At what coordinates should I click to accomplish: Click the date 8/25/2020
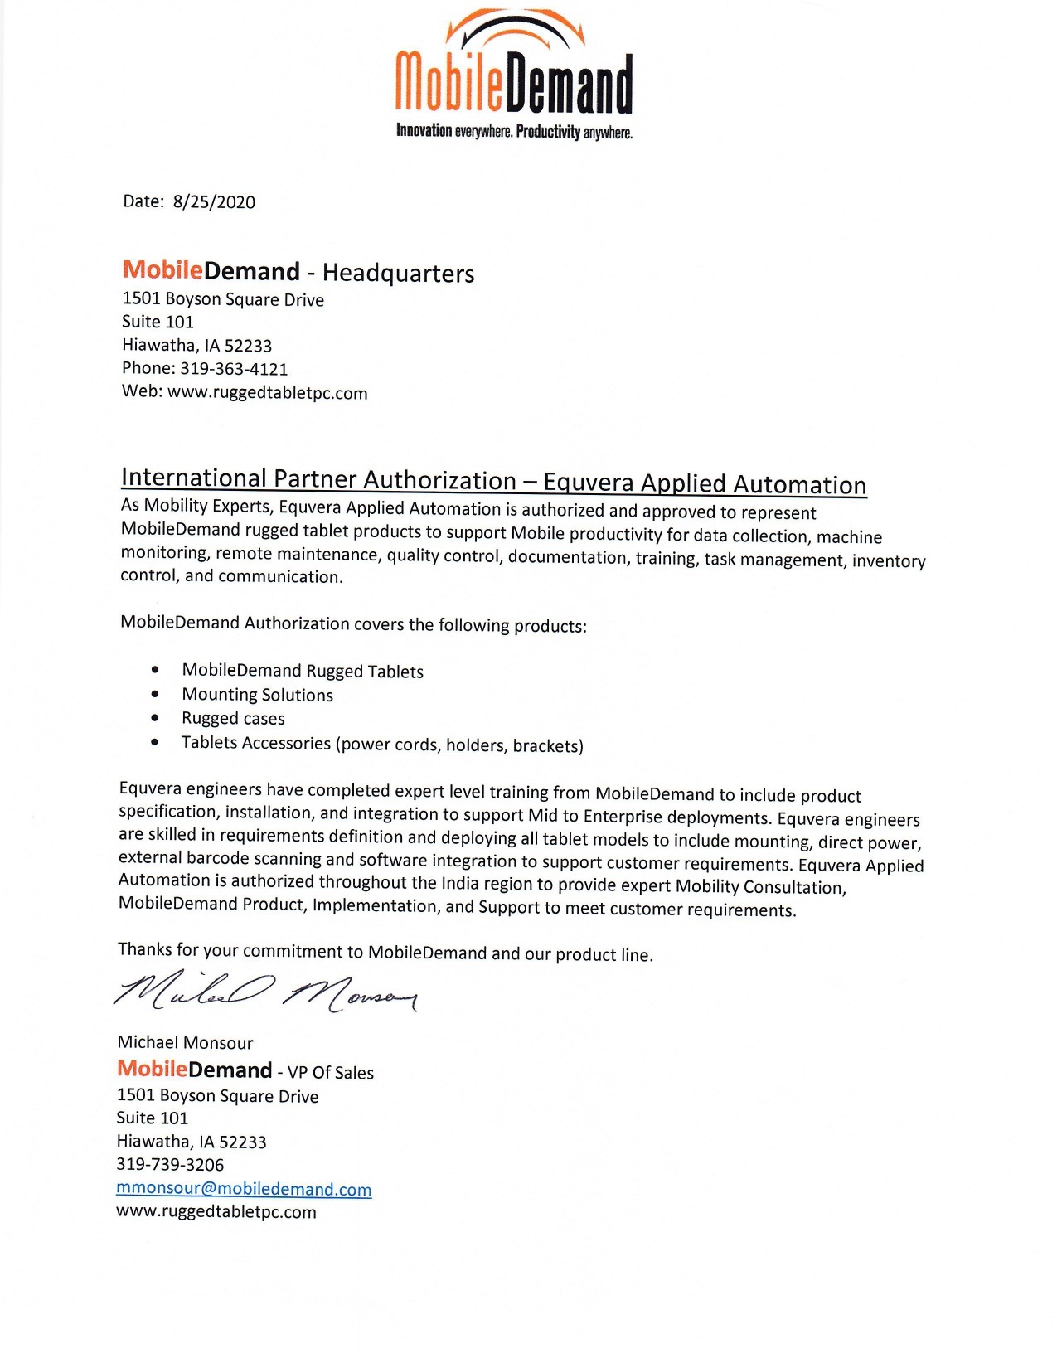point(214,202)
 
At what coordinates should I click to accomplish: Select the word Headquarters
point(398,273)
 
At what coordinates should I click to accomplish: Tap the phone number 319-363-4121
point(234,369)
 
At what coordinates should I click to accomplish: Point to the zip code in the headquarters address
point(248,346)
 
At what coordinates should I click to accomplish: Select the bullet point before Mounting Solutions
point(155,693)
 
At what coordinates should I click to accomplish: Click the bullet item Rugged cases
point(233,718)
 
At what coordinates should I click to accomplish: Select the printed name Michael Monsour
point(185,1043)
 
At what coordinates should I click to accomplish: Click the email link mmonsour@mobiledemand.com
point(244,1189)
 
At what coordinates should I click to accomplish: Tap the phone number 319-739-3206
point(170,1165)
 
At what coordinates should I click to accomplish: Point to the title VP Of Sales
point(331,1073)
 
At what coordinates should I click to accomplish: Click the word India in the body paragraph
point(460,883)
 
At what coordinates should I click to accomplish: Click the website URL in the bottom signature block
point(216,1212)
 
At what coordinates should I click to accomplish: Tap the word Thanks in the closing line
point(145,949)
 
